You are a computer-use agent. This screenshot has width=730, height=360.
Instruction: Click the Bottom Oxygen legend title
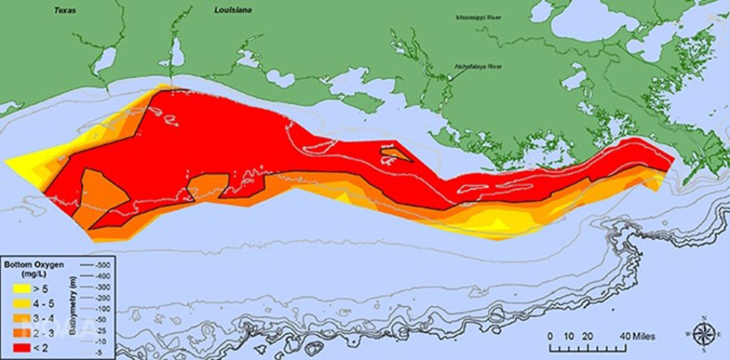coord(32,265)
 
